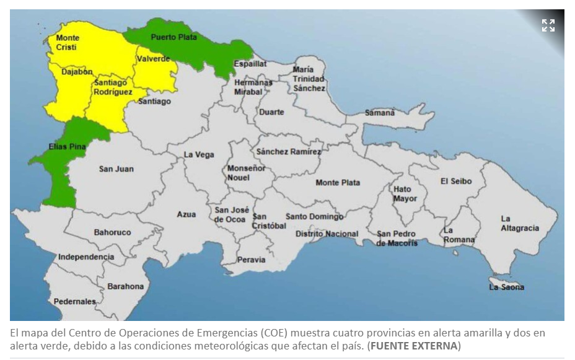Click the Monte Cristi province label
tap(68, 43)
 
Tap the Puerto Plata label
tap(173, 37)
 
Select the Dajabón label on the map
tap(76, 72)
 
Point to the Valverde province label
tap(153, 59)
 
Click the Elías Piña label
tap(66, 147)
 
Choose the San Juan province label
tap(116, 169)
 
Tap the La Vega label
tap(199, 155)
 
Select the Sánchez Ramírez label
tap(289, 152)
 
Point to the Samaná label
tap(379, 113)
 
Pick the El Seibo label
tap(455, 181)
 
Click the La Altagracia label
tap(519, 223)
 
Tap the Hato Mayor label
tap(405, 193)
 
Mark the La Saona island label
tap(506, 287)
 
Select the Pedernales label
tap(75, 302)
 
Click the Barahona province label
tap(125, 286)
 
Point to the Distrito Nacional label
tap(327, 234)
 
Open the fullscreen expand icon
tap(548, 25)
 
